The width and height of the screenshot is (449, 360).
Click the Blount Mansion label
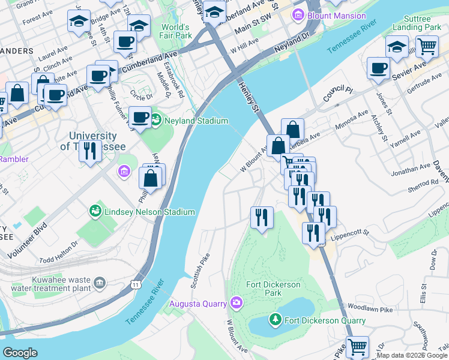click(x=336, y=16)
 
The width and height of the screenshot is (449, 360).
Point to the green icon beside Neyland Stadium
click(x=156, y=121)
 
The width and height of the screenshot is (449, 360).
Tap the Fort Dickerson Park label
click(x=273, y=289)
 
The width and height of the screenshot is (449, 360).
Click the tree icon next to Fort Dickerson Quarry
click(x=276, y=320)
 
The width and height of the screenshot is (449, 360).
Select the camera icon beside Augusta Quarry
click(x=237, y=302)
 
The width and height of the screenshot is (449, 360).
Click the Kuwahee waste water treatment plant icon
click(x=100, y=282)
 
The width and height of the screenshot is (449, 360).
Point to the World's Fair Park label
click(x=175, y=31)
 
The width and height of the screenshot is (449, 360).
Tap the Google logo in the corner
click(x=20, y=352)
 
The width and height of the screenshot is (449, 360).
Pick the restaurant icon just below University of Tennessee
click(x=89, y=152)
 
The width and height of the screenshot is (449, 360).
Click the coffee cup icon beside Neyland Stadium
click(x=140, y=117)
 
